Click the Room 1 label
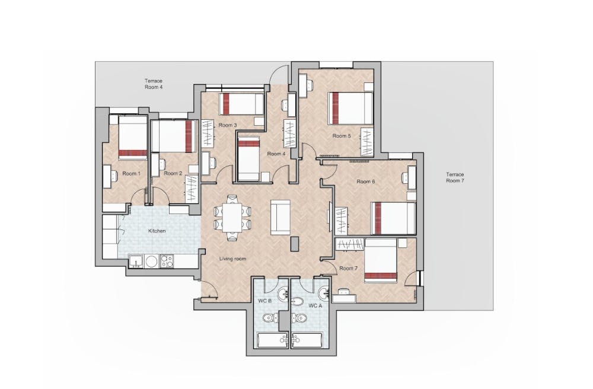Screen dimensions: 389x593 coord(131,174)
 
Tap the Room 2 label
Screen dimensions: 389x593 coord(173,174)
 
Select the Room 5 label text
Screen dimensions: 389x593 coord(342,136)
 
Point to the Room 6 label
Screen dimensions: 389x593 coord(365,181)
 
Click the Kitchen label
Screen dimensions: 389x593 coord(157,231)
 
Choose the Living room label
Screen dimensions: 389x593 coord(232,259)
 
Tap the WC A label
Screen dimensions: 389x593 coord(315,305)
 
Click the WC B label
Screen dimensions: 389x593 coord(264,301)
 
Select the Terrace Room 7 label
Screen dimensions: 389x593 coord(455,177)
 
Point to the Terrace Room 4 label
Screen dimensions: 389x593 coord(154,84)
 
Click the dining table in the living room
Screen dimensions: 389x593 coord(232,218)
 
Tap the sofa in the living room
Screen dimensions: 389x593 coord(280,216)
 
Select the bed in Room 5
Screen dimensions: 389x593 coord(350,108)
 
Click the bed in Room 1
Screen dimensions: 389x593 coord(133,137)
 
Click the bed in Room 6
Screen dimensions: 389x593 coord(393,218)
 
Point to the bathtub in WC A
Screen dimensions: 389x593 coord(308,340)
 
